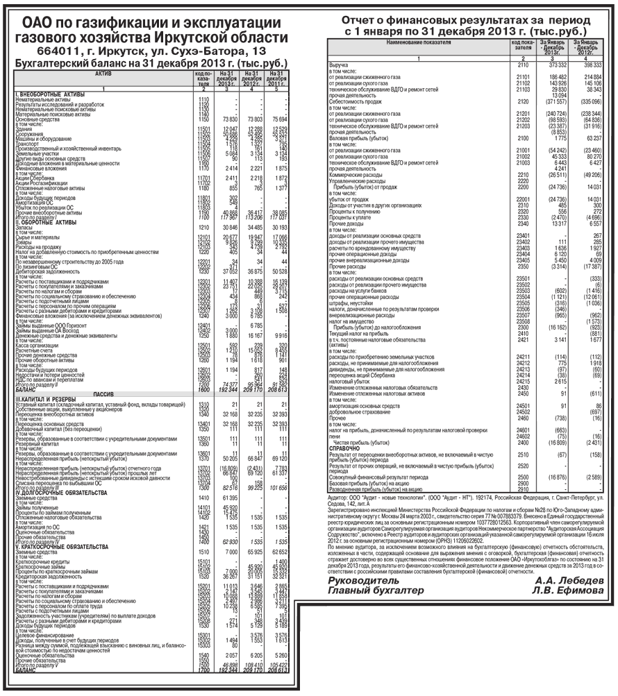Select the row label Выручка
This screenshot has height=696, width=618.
pyautogui.click(x=340, y=65)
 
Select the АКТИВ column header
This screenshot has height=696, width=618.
pyautogui.click(x=103, y=73)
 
